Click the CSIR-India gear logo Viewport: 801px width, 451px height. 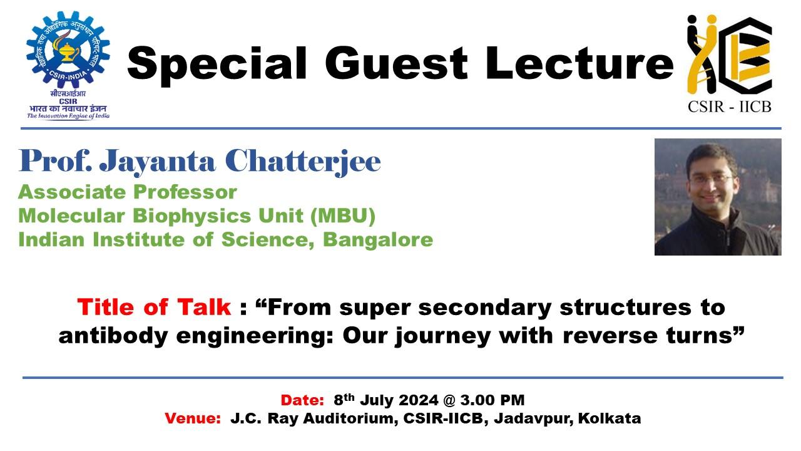tap(68, 51)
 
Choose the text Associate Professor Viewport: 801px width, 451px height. tap(128, 192)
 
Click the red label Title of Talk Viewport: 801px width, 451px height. tap(154, 308)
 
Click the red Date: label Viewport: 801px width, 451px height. tap(302, 400)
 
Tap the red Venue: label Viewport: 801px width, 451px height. tap(192, 418)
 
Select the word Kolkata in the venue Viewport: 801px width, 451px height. tap(610, 418)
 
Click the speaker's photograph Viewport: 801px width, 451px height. tap(717, 197)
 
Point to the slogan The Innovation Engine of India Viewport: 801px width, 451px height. tap(68, 116)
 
